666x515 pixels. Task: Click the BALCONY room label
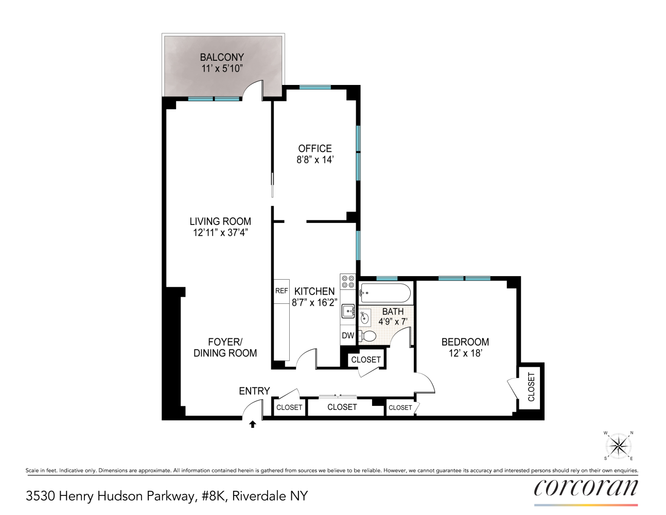click(222, 57)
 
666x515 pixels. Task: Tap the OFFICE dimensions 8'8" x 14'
click(315, 160)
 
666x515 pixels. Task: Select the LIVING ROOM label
click(220, 221)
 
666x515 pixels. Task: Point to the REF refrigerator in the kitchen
click(282, 291)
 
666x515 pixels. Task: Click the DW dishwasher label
click(348, 335)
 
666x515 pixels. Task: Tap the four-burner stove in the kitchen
click(348, 281)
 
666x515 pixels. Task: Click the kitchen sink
click(348, 311)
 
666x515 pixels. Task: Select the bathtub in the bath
click(385, 294)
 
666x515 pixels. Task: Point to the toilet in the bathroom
click(367, 336)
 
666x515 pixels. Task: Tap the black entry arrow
click(253, 424)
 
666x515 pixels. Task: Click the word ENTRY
click(254, 391)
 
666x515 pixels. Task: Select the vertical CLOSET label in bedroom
click(531, 387)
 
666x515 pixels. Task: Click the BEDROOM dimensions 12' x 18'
click(465, 353)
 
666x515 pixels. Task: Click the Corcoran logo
click(586, 487)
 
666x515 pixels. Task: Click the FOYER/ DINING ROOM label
click(225, 348)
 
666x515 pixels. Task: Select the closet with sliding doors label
click(342, 407)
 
